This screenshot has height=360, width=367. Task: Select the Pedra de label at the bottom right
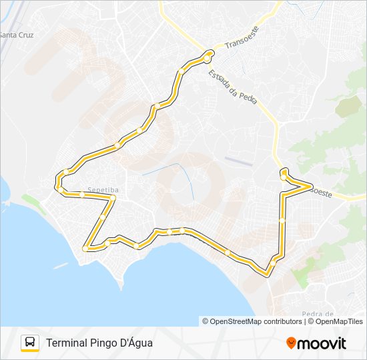(318, 313)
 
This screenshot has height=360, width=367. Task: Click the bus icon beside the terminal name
(30, 343)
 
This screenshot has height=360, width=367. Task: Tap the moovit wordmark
(322, 343)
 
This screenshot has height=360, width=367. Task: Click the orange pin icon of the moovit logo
(291, 343)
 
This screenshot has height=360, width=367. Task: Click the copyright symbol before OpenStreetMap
(206, 321)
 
